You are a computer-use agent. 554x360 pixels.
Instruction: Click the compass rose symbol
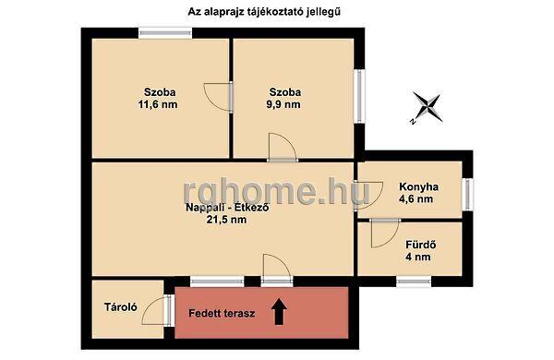428,107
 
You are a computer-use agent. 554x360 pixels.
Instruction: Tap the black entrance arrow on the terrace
279,311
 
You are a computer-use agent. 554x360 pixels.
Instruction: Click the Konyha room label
418,186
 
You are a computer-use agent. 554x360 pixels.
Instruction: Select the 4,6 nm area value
415,198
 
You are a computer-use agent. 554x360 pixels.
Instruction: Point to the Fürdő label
420,245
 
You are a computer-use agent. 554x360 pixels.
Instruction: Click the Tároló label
121,307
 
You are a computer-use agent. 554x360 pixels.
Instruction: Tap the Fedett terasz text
222,313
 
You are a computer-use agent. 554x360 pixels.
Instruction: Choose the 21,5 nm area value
226,220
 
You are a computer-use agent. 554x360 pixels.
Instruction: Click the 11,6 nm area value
158,104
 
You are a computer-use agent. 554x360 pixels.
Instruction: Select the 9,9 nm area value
283,104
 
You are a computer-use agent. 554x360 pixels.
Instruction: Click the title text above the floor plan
264,12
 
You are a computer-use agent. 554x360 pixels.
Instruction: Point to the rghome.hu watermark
277,192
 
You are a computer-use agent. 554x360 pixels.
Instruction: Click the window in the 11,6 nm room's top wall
165,33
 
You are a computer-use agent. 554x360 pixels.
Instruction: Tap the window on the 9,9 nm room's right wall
359,96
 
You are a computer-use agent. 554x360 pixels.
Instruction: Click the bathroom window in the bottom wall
414,282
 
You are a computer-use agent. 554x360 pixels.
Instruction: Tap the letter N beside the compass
412,122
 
